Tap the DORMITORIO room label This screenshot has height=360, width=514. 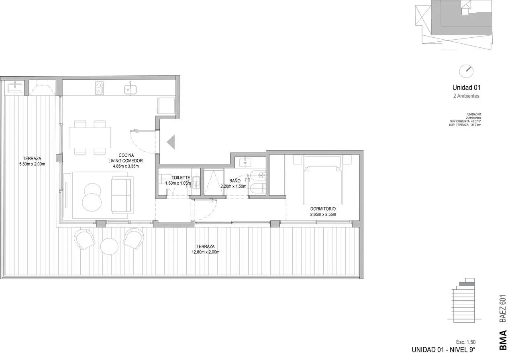point(323,209)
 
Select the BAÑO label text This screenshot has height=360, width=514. point(235,181)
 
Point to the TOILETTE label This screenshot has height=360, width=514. point(181,178)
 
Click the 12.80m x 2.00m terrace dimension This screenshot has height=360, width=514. point(205,252)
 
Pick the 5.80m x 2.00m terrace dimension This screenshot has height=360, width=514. point(32,164)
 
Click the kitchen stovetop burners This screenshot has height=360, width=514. point(99,88)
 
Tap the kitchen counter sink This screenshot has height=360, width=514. point(131,89)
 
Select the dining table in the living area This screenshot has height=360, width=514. point(90,138)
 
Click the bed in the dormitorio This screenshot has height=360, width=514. point(322,180)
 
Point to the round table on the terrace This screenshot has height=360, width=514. point(109,246)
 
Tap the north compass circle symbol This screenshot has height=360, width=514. point(466,71)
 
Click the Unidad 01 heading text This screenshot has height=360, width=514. point(466,87)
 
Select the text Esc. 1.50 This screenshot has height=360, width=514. point(465,342)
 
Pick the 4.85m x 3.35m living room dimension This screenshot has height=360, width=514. point(126,166)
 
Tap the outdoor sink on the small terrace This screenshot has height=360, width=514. point(15,87)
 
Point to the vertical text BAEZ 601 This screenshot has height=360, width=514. point(503,308)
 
